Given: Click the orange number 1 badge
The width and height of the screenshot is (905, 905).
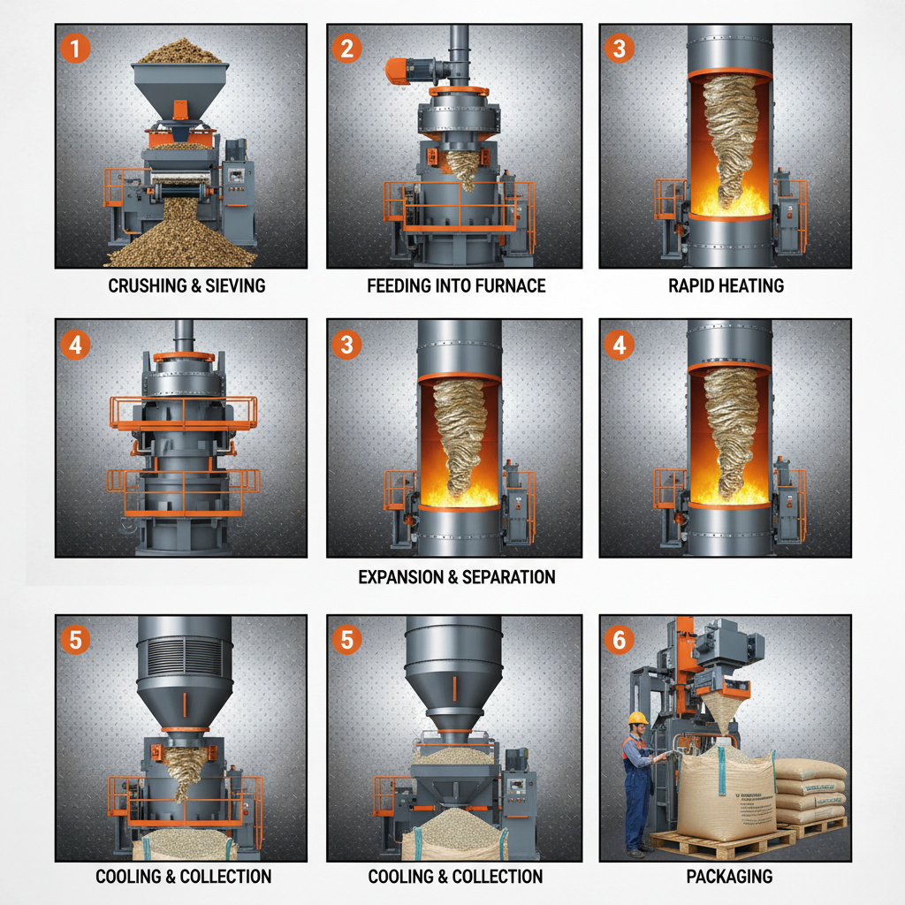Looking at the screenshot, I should tap(75, 48).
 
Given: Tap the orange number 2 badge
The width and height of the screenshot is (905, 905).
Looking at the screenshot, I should tap(346, 48).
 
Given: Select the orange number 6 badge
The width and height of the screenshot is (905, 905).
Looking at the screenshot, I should tap(618, 638).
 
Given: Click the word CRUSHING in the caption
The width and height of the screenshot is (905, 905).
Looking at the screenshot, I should tap(145, 285).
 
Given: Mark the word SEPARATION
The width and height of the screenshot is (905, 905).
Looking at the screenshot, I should tap(512, 577).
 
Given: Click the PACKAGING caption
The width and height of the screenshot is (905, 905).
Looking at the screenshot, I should tap(729, 877).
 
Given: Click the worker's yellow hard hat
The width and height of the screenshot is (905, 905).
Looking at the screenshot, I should tap(637, 718).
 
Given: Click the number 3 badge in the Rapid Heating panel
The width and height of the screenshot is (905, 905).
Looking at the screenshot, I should tap(618, 48).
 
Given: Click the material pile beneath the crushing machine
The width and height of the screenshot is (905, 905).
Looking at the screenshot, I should tap(181, 239).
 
